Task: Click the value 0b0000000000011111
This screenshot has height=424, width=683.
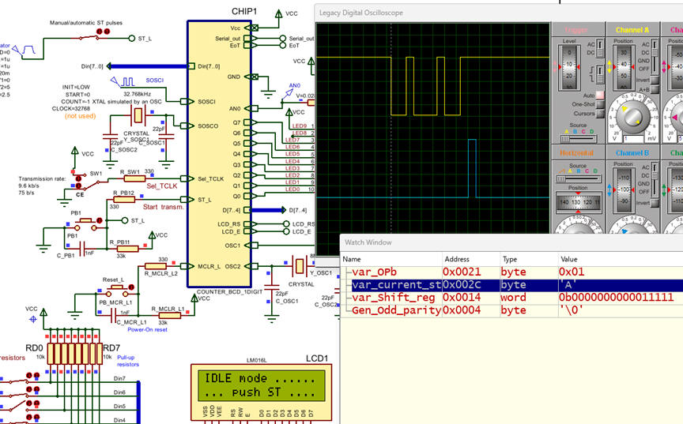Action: pos(615,298)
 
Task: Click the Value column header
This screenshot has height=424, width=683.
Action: pos(569,259)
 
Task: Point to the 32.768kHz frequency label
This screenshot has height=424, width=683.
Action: pos(138,92)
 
